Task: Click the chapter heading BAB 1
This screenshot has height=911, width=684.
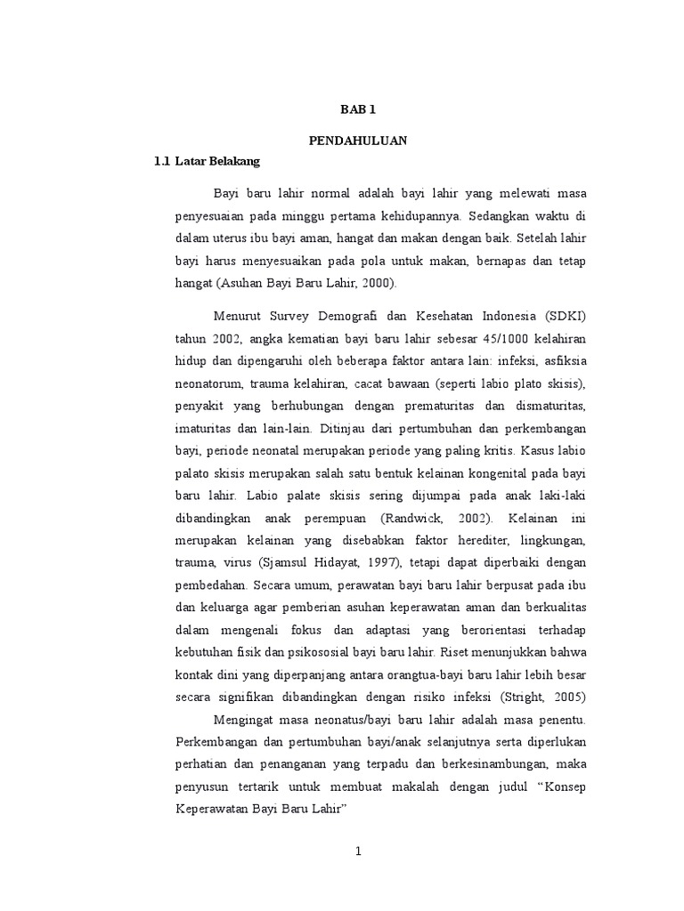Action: [359, 110]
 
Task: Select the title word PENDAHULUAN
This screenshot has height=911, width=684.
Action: [358, 141]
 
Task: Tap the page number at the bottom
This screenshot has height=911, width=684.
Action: [358, 851]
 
